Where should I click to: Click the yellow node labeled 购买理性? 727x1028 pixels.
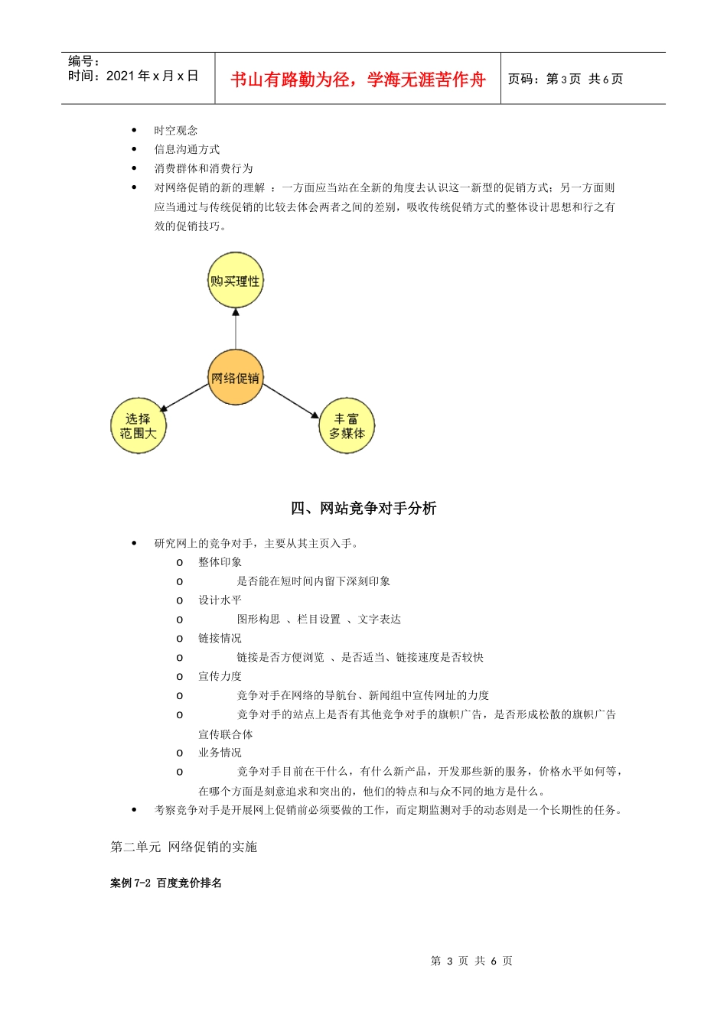236,281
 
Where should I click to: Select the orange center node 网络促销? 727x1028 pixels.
236,378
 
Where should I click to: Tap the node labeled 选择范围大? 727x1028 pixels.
139,426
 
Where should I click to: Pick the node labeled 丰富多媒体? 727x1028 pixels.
347,426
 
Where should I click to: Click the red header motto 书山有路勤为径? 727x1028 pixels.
357,80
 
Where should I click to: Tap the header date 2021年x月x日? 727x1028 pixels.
152,76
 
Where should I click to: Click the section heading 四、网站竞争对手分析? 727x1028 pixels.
363,508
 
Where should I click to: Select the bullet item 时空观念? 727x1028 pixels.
176,131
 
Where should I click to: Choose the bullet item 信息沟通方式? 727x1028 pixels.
187,149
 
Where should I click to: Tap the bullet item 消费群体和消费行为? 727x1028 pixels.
204,168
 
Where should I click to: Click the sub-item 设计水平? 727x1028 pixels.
220,600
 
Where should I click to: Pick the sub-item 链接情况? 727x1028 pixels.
220,638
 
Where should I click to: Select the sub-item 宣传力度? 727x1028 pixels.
220,676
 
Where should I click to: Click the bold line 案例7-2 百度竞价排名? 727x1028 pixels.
166,883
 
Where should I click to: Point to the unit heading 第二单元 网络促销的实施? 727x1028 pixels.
184,847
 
